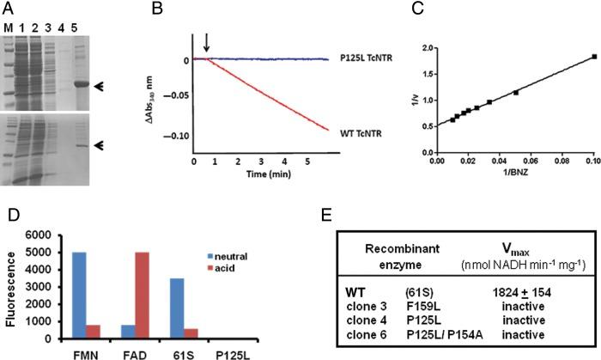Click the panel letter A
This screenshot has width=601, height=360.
pyautogui.click(x=7, y=8)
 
